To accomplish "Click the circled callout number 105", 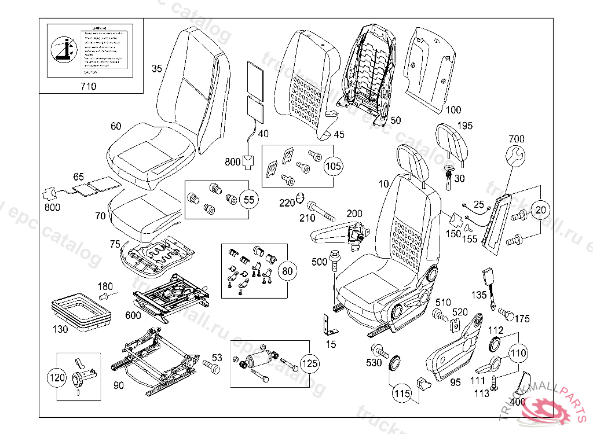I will [333, 167].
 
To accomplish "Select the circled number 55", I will [248, 200].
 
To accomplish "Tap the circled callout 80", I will [286, 270].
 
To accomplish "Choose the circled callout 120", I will [57, 378].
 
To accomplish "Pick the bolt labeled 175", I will [506, 314].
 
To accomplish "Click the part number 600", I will [133, 315].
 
